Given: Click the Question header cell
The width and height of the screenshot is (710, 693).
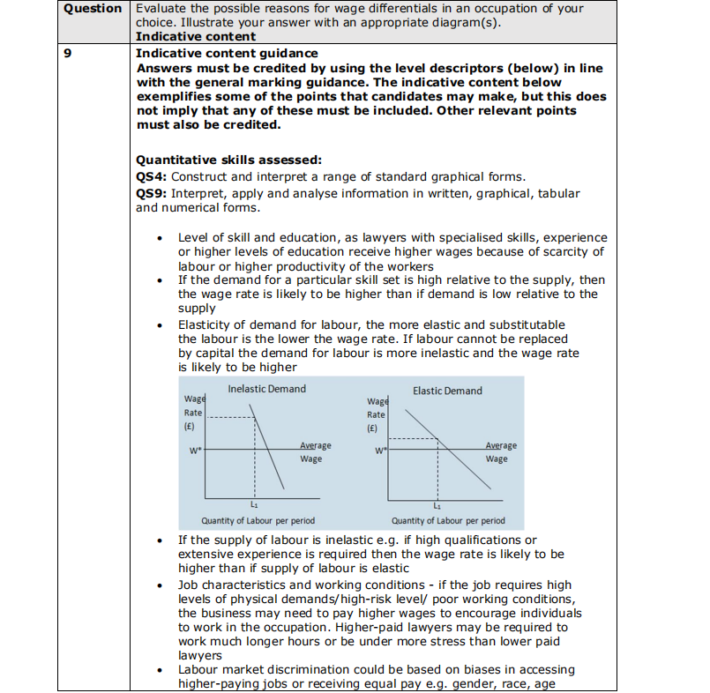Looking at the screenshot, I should pos(93,9).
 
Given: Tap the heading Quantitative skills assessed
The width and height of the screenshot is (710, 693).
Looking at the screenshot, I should pos(229,160).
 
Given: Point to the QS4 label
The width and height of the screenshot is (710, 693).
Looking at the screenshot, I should pos(152,175).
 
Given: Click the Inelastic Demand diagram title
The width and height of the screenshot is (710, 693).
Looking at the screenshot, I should pos(266,389).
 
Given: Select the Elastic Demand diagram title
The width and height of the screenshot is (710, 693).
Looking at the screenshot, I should pos(447,391).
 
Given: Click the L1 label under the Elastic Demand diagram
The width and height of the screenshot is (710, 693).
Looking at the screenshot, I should pos(436,506).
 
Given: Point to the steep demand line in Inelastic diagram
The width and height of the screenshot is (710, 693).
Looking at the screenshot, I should pos(270,450).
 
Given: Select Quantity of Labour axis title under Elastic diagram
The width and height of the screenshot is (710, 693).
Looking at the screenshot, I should pos(448,521).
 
